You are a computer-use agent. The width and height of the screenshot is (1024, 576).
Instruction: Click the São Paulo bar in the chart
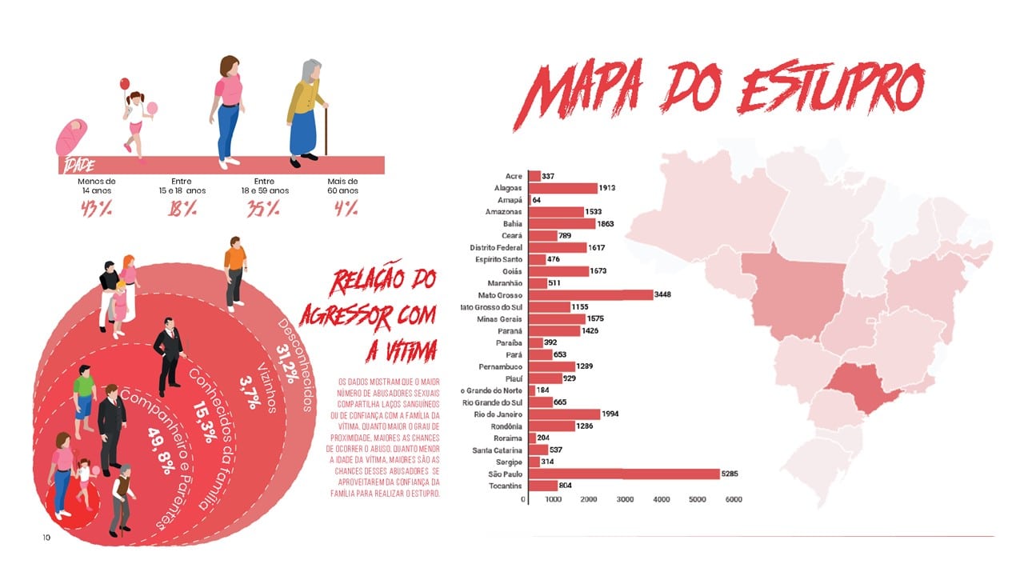624,474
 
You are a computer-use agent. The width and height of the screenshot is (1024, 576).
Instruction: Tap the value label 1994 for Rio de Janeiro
614,414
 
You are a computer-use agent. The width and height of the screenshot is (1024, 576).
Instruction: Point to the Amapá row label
509,200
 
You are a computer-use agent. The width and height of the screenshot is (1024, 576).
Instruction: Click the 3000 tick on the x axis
625,500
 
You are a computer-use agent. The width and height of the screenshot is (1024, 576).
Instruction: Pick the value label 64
536,200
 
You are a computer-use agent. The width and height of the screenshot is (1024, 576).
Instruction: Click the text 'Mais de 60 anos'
342,186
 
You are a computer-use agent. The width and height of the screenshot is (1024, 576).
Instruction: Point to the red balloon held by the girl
124,83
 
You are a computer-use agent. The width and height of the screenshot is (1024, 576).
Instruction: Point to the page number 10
46,538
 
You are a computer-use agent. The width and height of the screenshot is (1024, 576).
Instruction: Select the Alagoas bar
563,188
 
